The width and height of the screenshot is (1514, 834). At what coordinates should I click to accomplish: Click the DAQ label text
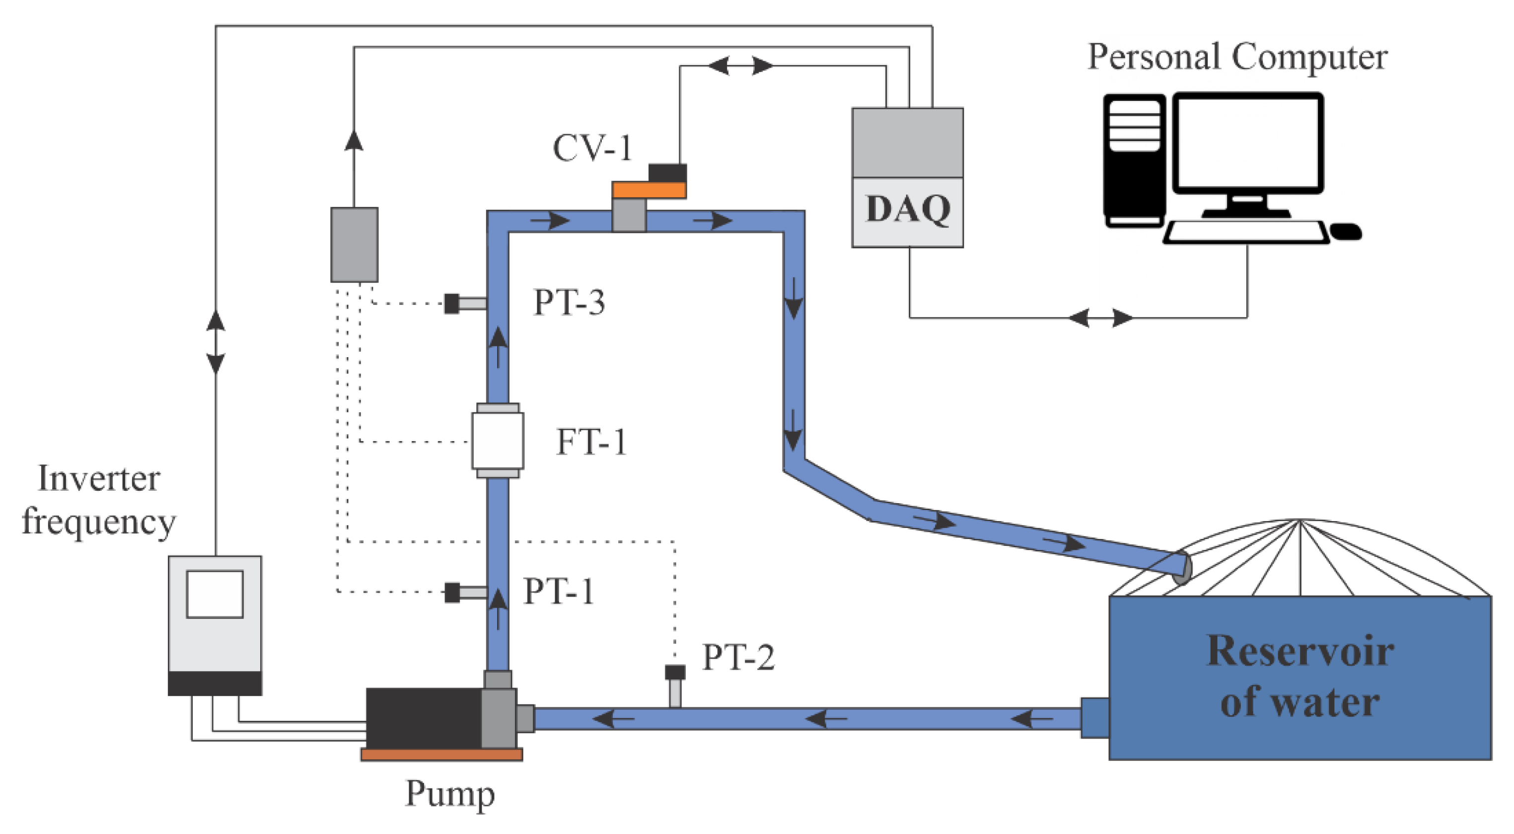[x=908, y=209]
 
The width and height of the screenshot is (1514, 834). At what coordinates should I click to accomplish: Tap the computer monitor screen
[x=1248, y=143]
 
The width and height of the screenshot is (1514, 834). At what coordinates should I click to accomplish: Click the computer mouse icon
[x=1345, y=231]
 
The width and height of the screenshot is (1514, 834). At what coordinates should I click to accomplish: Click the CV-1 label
[x=592, y=148]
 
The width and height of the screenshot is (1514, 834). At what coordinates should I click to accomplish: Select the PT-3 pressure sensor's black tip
[x=451, y=304]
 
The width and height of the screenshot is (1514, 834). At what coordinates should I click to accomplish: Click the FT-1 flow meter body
[x=497, y=441]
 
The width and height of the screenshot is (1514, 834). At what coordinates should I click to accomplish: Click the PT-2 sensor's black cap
[x=675, y=672]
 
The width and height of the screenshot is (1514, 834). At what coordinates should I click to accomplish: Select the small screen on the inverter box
[x=215, y=594]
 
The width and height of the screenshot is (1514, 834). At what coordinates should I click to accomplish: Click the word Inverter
[x=99, y=479]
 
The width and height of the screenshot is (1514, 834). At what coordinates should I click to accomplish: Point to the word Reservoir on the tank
[x=1299, y=651]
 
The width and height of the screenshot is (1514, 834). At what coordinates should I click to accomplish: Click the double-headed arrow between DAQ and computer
[x=1100, y=318]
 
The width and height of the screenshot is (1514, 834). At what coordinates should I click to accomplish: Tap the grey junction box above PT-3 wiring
[x=354, y=244]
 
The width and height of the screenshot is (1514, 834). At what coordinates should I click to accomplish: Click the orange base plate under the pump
[x=441, y=755]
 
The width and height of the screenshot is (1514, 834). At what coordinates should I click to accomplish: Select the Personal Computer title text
[x=1237, y=58]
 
